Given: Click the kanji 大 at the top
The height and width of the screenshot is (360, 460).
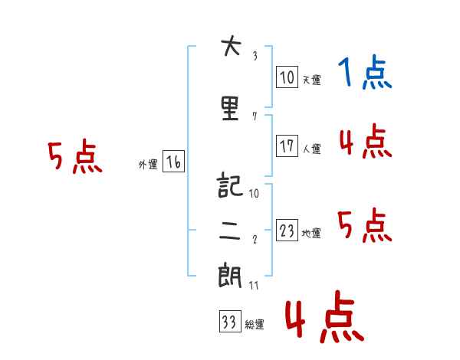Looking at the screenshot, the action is (232, 46).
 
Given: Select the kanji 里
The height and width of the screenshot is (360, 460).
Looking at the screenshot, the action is (230, 109).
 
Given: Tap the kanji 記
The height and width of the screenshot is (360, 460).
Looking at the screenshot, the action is (230, 185).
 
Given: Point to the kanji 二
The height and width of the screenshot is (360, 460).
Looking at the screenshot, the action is (230, 231).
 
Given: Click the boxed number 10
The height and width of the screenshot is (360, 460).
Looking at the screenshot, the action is (287, 77).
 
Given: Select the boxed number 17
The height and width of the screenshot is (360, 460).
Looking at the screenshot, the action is (287, 146).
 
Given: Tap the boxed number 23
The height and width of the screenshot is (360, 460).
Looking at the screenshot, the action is (287, 230).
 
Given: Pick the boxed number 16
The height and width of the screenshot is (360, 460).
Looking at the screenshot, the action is (173, 162).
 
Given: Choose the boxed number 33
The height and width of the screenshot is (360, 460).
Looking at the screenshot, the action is (230, 321).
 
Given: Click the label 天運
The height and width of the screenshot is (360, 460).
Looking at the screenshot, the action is (312, 80).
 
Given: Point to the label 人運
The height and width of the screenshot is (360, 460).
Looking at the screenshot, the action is (312, 149).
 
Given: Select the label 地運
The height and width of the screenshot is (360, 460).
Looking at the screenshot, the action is (311, 233).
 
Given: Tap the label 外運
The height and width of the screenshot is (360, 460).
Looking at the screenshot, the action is (148, 165).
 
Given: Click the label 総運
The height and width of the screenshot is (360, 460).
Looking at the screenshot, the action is (255, 324).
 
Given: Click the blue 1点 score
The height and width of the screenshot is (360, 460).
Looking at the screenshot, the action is (365, 72).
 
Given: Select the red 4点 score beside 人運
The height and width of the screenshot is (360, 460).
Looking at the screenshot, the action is (365, 141).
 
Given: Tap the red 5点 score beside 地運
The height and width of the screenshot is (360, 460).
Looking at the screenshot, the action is (365, 225).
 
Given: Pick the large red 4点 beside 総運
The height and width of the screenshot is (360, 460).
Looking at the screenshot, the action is (324, 316).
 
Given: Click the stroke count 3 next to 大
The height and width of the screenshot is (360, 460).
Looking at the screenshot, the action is (255, 56).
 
